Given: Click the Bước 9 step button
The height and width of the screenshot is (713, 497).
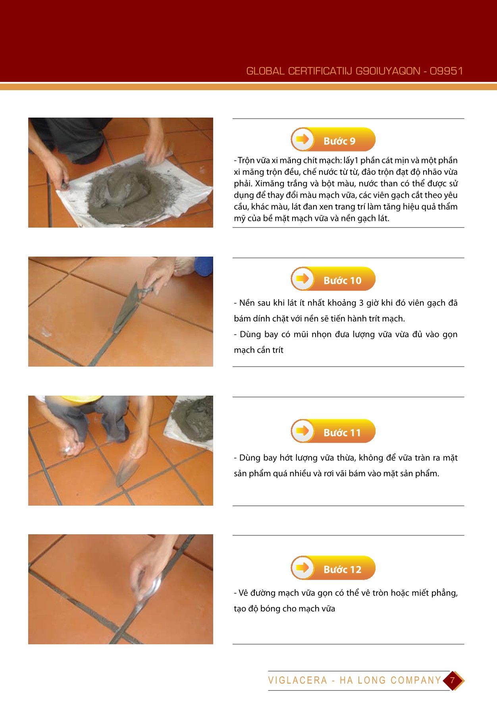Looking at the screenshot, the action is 333,139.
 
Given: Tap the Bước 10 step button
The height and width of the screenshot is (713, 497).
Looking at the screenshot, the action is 333,279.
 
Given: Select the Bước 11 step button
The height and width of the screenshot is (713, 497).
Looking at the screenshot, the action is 333,431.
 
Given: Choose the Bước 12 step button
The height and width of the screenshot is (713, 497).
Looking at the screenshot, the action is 333,568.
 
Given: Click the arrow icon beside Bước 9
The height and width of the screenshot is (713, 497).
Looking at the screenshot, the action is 302,139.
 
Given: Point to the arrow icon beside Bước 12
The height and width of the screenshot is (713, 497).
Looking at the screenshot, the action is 302,568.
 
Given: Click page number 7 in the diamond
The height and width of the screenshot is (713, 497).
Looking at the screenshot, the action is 452,680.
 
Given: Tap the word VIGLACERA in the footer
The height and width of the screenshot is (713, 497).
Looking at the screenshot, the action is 297,680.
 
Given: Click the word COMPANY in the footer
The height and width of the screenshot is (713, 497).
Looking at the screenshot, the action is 416,680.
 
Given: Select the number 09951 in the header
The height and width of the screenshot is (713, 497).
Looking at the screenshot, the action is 446,71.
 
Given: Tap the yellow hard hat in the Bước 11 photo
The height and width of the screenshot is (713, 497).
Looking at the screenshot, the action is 81,398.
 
